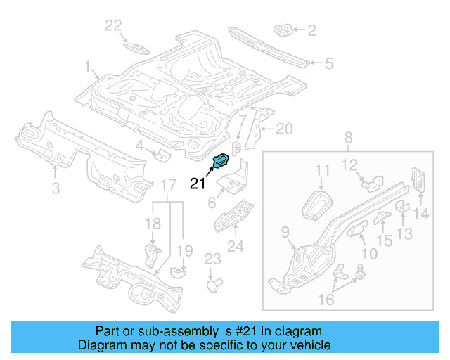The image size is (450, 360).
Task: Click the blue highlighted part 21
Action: (220, 161)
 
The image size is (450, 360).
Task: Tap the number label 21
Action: (198, 184)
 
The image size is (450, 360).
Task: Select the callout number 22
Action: (114, 26)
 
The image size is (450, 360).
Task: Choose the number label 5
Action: (328, 64)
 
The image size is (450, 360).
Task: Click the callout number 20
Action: (283, 129)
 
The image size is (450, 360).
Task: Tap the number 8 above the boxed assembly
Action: (348, 138)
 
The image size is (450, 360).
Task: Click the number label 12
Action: (349, 166)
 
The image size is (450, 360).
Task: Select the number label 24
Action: (236, 245)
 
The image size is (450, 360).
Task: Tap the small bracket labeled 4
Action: (161, 153)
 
